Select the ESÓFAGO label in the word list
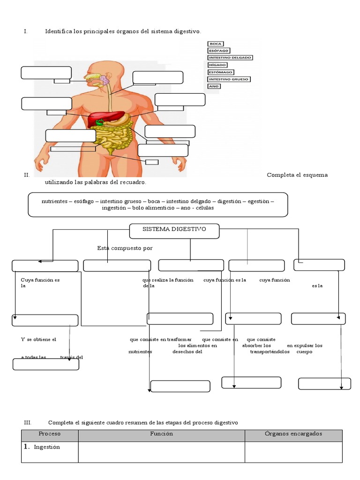(219, 51)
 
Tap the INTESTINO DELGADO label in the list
(230, 58)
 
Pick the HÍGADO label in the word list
(218, 65)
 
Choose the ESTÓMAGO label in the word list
(221, 72)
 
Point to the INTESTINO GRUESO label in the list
(229, 79)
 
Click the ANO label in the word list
(214, 86)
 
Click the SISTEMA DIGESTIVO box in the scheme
(174, 230)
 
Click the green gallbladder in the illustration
(99, 123)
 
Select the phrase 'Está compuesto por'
(125, 248)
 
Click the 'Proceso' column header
(50, 434)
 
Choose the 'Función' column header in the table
(161, 434)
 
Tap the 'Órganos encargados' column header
(293, 434)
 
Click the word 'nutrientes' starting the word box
(54, 201)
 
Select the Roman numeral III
(27, 423)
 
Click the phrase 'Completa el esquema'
(297, 175)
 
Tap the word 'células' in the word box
(202, 208)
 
